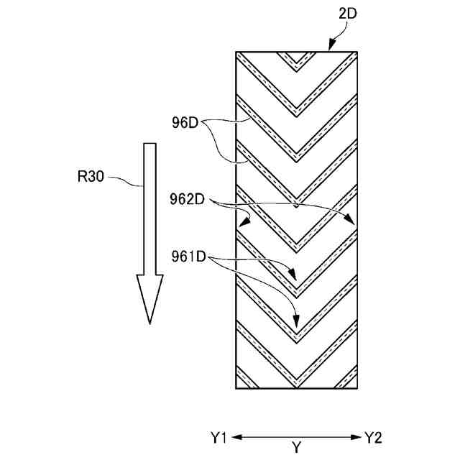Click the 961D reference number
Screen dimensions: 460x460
(189, 255)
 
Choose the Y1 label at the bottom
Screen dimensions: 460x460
(218, 437)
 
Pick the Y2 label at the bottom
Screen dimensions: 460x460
(374, 437)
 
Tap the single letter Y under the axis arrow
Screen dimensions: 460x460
(296, 448)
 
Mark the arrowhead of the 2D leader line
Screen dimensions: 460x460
(329, 49)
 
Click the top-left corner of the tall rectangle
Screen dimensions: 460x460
(236, 52)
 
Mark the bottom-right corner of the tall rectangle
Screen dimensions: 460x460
(357, 389)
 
